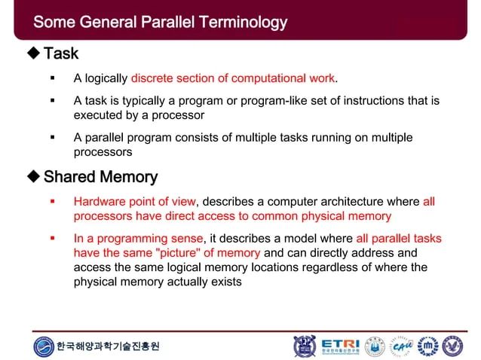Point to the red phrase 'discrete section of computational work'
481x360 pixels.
[x=232, y=78]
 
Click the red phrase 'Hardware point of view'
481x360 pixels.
[x=134, y=202]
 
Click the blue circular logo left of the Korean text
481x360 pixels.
[x=44, y=346]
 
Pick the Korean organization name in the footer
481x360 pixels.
[x=109, y=346]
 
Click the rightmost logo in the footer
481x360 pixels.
[x=452, y=346]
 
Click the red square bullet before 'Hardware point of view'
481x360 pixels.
[x=52, y=202]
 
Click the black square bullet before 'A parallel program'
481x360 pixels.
[x=52, y=138]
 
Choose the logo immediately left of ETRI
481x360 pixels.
[x=305, y=346]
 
